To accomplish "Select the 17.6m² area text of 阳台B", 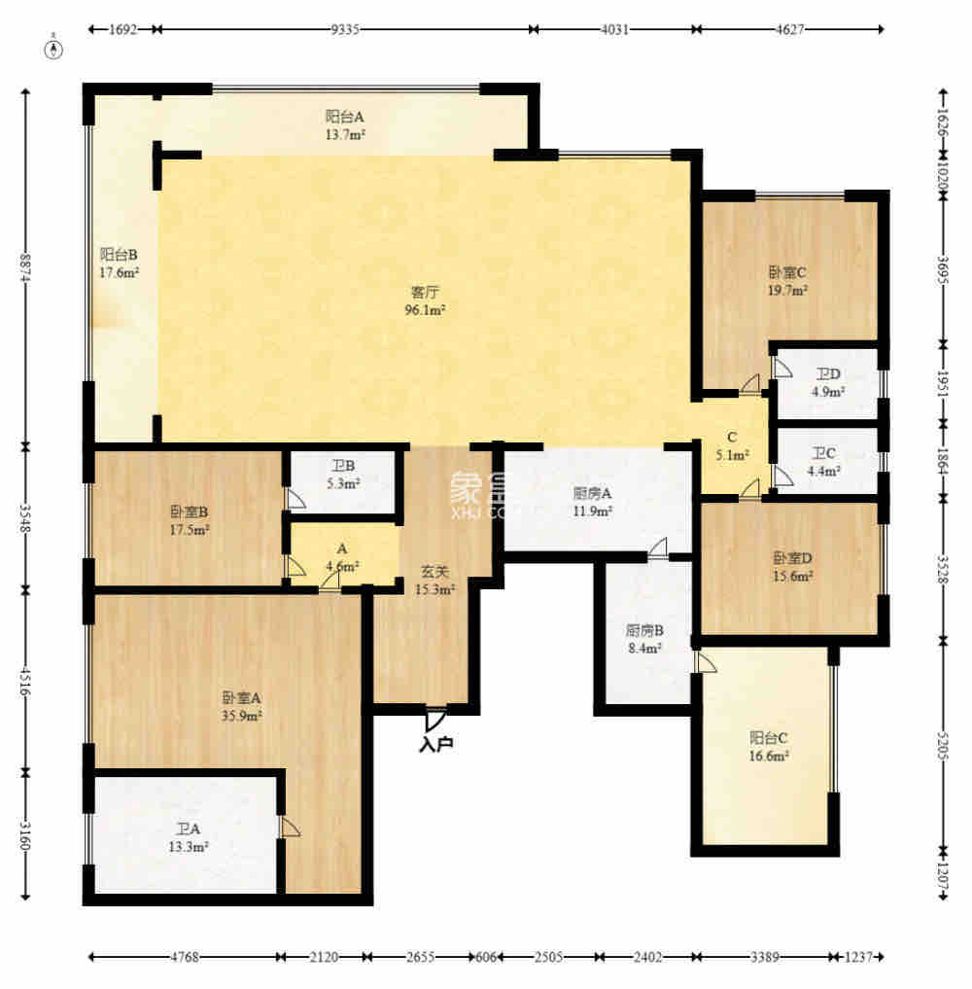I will coord(120,273).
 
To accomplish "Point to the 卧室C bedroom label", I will coord(788,272).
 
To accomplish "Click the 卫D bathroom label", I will coord(827,374).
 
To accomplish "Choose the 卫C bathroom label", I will coord(825,453).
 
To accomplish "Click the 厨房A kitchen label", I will coord(592,493).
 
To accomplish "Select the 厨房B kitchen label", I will coord(643,629).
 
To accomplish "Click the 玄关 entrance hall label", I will coord(434,573).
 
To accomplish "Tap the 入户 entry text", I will coord(436,745).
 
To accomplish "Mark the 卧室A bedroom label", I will coord(242,697).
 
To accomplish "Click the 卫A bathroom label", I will coord(189,829).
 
